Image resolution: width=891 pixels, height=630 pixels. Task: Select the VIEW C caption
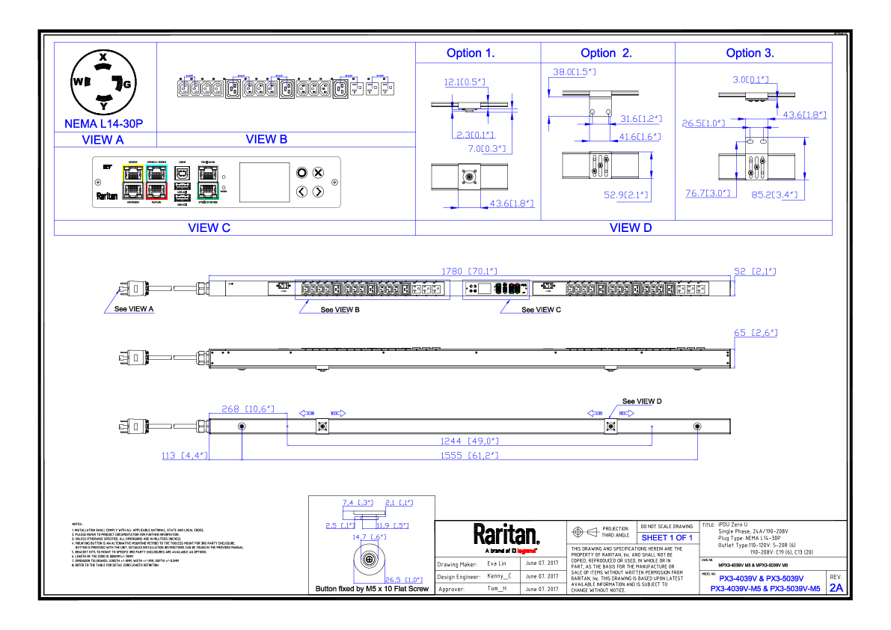pyautogui.click(x=203, y=227)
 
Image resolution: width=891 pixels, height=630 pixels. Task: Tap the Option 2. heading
pyautogui.click(x=606, y=53)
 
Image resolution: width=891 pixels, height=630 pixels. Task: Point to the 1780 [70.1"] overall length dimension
pyautogui.click(x=470, y=271)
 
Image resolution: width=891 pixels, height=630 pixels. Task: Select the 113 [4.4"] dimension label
pyautogui.click(x=185, y=455)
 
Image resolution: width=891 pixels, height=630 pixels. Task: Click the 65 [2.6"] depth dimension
pyautogui.click(x=756, y=333)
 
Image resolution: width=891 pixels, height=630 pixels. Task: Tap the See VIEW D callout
pyautogui.click(x=642, y=402)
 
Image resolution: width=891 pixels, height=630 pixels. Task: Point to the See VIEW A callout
pyautogui.click(x=135, y=309)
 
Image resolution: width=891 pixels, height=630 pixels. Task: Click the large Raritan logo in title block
pyautogui.click(x=506, y=534)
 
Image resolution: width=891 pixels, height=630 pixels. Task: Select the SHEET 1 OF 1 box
pyautogui.click(x=667, y=537)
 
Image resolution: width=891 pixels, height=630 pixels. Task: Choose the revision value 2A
pyautogui.click(x=836, y=588)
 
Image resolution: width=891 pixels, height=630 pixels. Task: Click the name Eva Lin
pyautogui.click(x=497, y=563)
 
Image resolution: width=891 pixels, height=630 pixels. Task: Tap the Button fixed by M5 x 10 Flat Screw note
pyautogui.click(x=372, y=590)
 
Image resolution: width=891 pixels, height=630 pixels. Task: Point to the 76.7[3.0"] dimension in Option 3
pyautogui.click(x=707, y=194)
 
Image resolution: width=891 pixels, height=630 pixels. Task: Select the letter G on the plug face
pyautogui.click(x=127, y=85)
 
